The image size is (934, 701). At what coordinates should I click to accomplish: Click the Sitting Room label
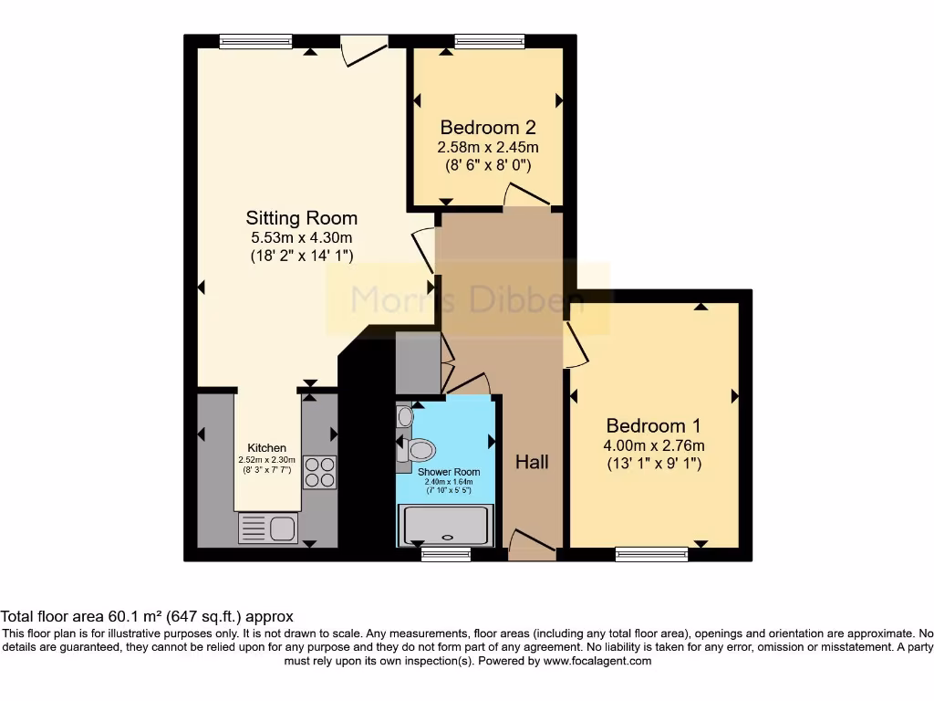tap(301, 218)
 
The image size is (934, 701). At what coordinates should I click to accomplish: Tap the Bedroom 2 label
tap(487, 128)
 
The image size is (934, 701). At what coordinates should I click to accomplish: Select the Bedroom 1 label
tap(653, 425)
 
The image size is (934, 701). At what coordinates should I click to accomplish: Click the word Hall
tap(532, 463)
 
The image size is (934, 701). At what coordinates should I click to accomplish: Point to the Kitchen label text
tap(267, 447)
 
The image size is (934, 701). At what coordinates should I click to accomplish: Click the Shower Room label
tap(449, 472)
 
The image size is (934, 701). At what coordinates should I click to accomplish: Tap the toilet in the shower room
tap(419, 448)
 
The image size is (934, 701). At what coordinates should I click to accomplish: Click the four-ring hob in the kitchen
tap(319, 472)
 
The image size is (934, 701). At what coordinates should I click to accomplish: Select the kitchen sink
tap(267, 528)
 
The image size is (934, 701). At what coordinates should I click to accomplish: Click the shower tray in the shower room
tap(446, 525)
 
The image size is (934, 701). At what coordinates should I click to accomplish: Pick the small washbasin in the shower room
tap(405, 417)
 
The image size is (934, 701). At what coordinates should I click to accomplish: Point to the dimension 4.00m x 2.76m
tap(653, 445)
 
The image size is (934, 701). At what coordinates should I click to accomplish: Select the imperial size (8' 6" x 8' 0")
tap(487, 165)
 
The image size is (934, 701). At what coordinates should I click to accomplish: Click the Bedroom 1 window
tap(651, 552)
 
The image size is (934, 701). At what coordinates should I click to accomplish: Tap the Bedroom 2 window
tap(490, 41)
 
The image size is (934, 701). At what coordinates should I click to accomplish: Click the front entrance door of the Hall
tap(532, 546)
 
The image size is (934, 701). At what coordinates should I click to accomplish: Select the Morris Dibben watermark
tap(468, 298)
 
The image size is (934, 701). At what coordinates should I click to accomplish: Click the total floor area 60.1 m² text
tap(147, 616)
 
